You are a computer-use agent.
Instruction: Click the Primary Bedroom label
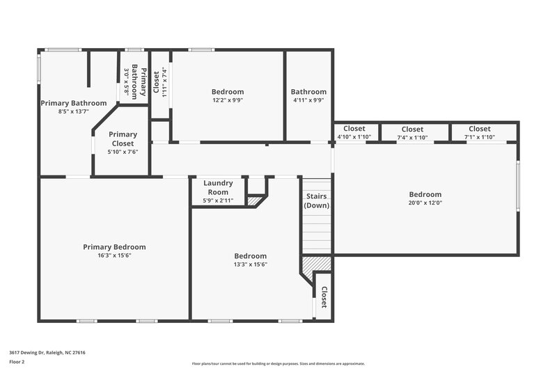[x=114, y=246]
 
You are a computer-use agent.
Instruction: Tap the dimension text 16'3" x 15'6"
[x=114, y=255]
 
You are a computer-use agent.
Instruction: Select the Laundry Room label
[x=218, y=187]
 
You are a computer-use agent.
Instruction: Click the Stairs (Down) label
[x=317, y=200]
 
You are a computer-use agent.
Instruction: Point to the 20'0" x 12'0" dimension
[x=425, y=203]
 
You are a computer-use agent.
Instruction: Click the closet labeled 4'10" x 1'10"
[x=354, y=129]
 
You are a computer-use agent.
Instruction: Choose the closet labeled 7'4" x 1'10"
[x=412, y=129]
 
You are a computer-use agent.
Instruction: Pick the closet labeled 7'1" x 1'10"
[x=479, y=129]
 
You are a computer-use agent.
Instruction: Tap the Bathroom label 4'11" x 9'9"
[x=308, y=92]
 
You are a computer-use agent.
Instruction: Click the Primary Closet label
[x=123, y=134]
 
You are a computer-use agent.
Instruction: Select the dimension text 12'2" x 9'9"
[x=228, y=100]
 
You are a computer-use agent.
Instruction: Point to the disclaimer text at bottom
[x=278, y=363]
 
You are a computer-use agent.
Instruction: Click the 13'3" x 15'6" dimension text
[x=250, y=265]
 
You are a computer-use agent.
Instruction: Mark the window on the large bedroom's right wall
[x=517, y=185]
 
